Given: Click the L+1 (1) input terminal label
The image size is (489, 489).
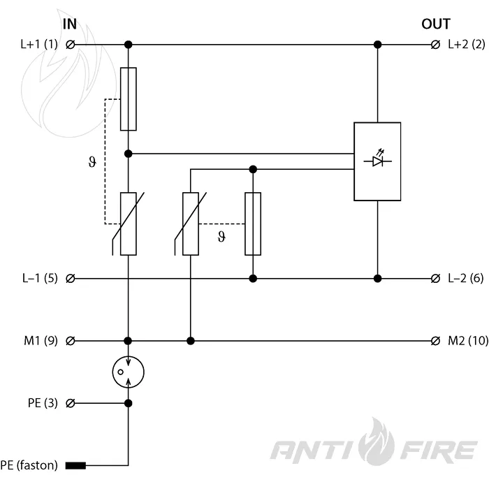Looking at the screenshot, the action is pyautogui.click(x=39, y=44).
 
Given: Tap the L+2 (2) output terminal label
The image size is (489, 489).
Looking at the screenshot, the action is pyautogui.click(x=467, y=44).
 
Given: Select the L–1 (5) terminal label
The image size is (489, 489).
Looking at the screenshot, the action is pyautogui.click(x=40, y=278).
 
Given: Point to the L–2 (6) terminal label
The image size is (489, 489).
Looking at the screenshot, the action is pyautogui.click(x=466, y=278).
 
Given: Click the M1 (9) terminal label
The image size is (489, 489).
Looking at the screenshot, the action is pyautogui.click(x=41, y=341).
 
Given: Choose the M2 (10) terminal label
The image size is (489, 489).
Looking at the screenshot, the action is pyautogui.click(x=468, y=341).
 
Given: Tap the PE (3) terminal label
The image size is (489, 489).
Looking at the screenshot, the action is pyautogui.click(x=43, y=403).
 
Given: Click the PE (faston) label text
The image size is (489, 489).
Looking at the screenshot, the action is pyautogui.click(x=29, y=465).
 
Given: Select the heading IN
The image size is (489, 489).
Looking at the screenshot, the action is pyautogui.click(x=70, y=24).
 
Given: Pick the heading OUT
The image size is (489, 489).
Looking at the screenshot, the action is pyautogui.click(x=436, y=24).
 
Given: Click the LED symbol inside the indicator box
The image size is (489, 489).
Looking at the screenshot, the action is pyautogui.click(x=378, y=160).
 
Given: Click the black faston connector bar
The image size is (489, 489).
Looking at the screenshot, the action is pyautogui.click(x=75, y=466).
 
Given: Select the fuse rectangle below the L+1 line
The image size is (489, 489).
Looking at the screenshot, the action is pyautogui.click(x=128, y=99).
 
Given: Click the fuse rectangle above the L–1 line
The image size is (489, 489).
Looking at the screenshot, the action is pyautogui.click(x=253, y=224).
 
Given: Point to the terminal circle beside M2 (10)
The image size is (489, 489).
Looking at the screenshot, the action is pyautogui.click(x=435, y=341).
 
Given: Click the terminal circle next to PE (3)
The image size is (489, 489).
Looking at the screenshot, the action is pyautogui.click(x=71, y=403).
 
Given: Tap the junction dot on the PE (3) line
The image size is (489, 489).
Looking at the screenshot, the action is pyautogui.click(x=128, y=403).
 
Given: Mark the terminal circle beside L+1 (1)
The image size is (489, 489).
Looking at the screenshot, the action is pyautogui.click(x=71, y=45).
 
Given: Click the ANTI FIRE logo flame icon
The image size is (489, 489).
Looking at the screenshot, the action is pyautogui.click(x=377, y=442).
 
